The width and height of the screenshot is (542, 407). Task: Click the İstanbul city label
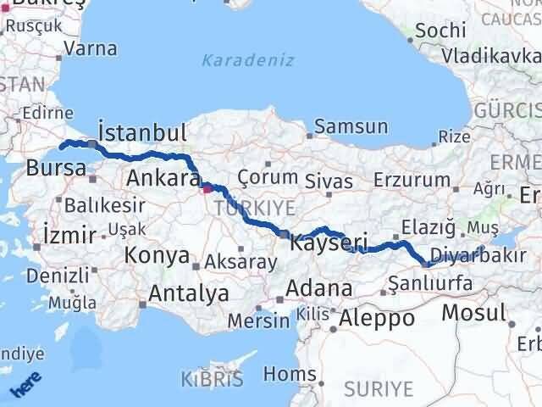(141, 133)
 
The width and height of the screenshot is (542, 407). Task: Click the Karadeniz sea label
(247, 60)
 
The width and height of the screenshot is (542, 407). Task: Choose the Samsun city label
(351, 127)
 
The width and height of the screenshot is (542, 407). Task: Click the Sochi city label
(441, 31)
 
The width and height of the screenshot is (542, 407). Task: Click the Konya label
(157, 255)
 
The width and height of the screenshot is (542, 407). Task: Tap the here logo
(23, 386)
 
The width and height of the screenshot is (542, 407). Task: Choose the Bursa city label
(56, 167)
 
